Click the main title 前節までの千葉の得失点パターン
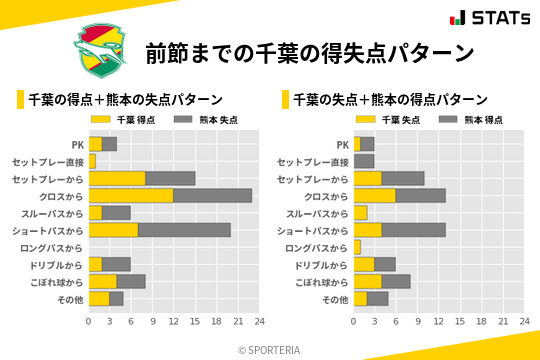[x=309, y=53]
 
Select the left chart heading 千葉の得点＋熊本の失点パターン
[x=124, y=100]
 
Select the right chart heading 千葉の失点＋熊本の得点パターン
[x=389, y=100]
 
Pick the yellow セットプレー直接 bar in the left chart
[x=92, y=161]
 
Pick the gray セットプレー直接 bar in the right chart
[x=364, y=161]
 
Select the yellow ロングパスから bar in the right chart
[x=357, y=247]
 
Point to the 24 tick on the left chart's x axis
[x=258, y=322]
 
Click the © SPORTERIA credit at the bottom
[x=270, y=349]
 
